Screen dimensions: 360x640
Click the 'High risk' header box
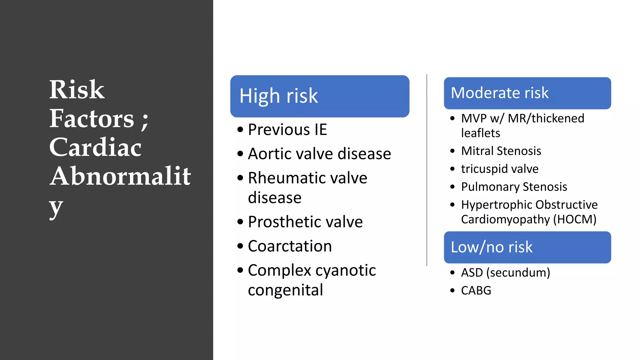[319, 96]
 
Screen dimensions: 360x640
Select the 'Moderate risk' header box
[527, 93]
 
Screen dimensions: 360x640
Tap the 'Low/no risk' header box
[527, 247]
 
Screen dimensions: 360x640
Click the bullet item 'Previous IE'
[287, 130]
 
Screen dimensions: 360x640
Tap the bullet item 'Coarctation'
[290, 246]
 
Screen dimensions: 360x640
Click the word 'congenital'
[285, 290]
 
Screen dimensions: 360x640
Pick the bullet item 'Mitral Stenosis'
[501, 151]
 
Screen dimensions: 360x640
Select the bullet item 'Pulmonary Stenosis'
[514, 187]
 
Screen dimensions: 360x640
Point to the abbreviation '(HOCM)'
[575, 219]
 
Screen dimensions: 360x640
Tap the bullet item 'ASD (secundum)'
[505, 272]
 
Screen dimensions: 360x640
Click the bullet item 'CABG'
[476, 291]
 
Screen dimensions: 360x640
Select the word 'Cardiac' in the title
[95, 147]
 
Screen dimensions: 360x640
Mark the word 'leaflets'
[480, 133]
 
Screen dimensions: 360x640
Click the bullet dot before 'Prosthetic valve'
[240, 222]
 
